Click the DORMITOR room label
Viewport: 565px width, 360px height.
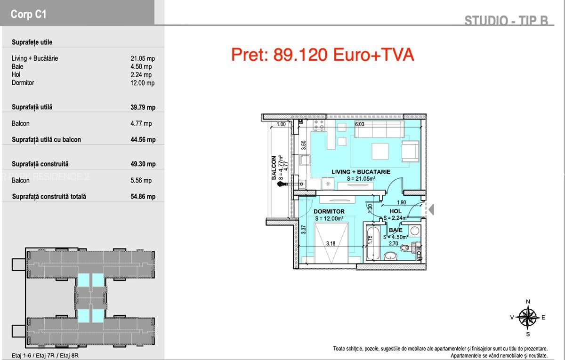click(329, 212)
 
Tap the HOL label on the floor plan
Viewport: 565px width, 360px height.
click(395, 212)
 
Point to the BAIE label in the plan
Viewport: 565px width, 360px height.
click(395, 230)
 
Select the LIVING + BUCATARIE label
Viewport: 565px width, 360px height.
click(361, 172)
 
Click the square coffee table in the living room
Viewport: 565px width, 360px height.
click(380, 152)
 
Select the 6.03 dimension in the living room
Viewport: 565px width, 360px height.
click(360, 124)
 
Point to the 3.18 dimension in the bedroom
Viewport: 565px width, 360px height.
click(331, 243)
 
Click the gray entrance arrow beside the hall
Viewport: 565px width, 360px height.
click(431, 209)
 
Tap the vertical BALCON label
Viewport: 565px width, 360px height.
click(274, 168)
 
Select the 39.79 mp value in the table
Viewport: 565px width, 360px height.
click(143, 107)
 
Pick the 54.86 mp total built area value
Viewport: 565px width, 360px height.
click(143, 197)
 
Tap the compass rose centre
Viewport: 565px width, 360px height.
click(528, 317)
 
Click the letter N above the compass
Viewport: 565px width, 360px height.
click(528, 302)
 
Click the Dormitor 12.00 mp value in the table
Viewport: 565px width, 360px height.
click(142, 83)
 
